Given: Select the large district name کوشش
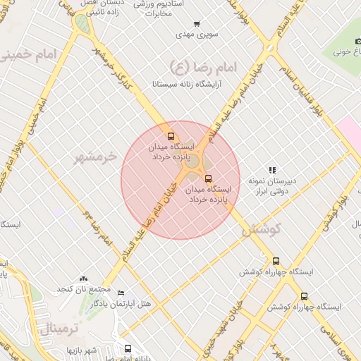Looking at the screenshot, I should (x=262, y=229).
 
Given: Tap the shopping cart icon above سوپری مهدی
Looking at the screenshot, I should (x=196, y=23).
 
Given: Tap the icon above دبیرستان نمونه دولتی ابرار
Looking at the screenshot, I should (x=272, y=170).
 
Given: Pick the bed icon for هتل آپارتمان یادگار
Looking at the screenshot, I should (x=121, y=293).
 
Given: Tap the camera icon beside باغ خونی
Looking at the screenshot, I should (x=357, y=42).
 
